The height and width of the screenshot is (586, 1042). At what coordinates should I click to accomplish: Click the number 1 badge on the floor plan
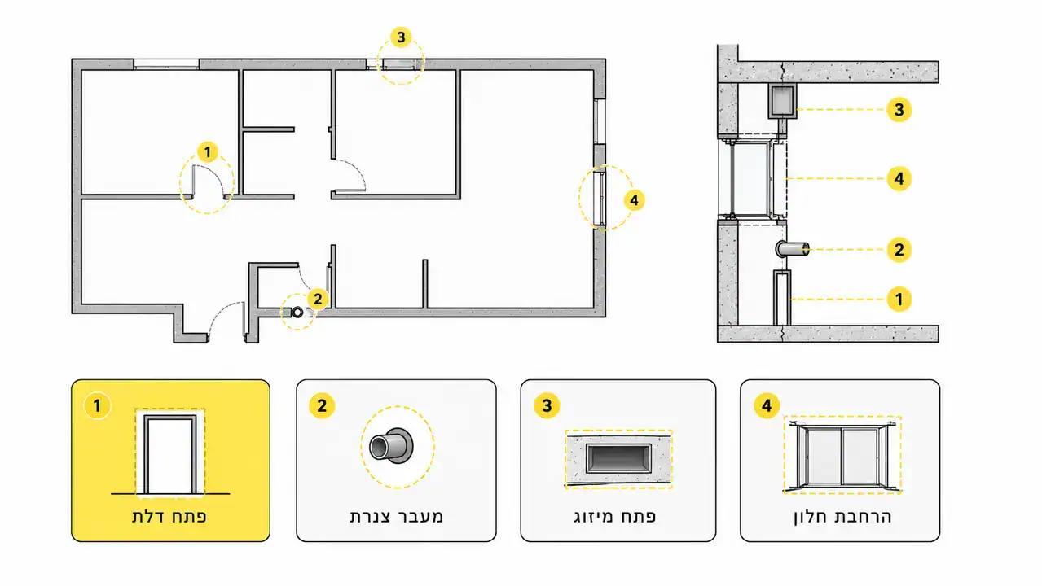coord(208,152)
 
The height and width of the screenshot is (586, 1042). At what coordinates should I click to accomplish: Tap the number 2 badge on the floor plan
coord(318,299)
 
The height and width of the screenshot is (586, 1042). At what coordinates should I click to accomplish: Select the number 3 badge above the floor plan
coord(401,37)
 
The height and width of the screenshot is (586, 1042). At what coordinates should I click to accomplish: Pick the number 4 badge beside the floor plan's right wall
coord(634,201)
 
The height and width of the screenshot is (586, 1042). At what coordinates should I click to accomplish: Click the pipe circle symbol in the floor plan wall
coord(297,313)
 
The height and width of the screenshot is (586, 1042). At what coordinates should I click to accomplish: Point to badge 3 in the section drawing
coord(899,110)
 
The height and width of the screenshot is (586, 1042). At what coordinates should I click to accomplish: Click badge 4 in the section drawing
coord(899,179)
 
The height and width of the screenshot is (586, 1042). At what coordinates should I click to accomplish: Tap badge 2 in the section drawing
coord(899,250)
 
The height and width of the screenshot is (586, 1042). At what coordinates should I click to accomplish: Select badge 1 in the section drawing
coord(899,300)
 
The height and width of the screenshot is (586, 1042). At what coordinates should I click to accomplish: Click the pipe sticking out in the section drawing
coord(793,249)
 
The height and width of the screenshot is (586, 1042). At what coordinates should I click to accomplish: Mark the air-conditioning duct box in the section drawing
coord(782,101)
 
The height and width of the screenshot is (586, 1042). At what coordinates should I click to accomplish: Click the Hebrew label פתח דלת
coord(169,517)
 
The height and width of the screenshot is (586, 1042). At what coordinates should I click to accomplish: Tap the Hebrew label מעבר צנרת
coord(396,517)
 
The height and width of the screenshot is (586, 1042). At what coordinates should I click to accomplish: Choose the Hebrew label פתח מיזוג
coord(615,517)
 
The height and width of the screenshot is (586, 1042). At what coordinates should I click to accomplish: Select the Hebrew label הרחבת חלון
coord(842,517)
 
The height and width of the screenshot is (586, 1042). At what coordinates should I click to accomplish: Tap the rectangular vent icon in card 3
coord(618,459)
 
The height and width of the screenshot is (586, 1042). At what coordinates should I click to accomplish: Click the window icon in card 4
coord(842,456)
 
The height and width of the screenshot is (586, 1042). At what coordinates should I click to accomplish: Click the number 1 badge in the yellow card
coord(97,406)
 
